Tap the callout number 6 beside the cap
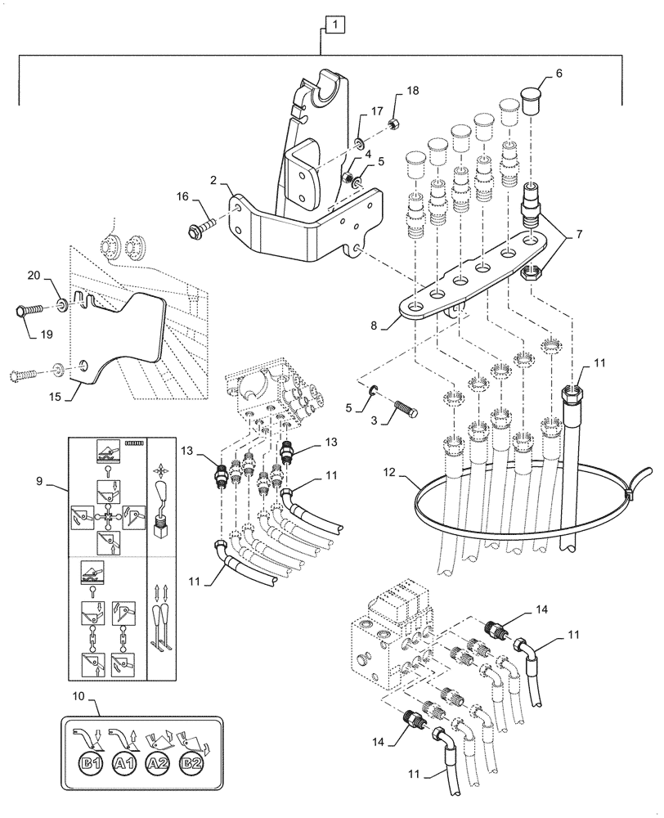pyautogui.click(x=559, y=73)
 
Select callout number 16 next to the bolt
pyautogui.click(x=182, y=197)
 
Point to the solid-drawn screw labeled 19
pyautogui.click(x=29, y=312)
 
